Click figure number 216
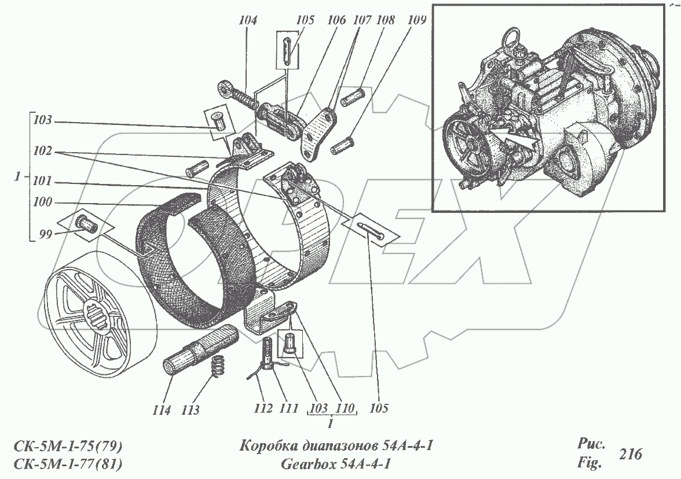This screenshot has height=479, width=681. point(629,454)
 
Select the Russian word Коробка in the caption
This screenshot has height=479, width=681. point(268,446)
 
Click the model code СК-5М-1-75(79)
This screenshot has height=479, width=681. point(67,446)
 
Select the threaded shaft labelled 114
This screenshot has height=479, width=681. point(197,351)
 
